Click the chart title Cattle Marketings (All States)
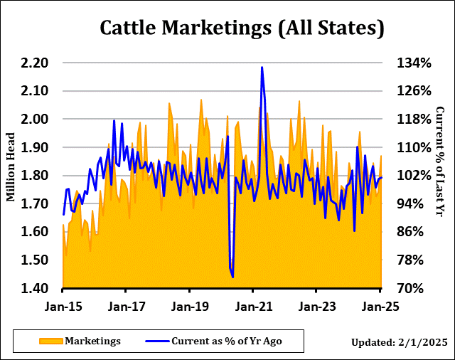pos(242,28)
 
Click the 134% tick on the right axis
pos(413,63)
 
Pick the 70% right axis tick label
pos(411,288)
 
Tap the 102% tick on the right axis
pos(413,176)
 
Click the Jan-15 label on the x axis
pos(63,307)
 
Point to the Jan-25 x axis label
pos(380,307)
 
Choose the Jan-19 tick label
pos(189,307)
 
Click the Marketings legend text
pos(92,342)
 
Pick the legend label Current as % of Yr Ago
pos(226,342)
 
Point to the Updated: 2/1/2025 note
pos(399,343)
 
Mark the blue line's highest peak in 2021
pos(262,68)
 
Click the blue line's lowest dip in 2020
pos(232,277)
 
